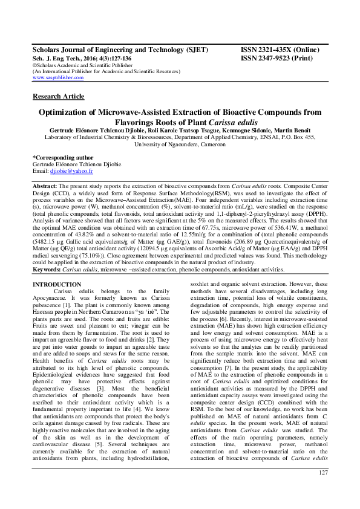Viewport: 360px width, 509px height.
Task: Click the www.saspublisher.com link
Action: (x=58, y=78)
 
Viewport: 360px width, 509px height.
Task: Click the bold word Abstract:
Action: (x=45, y=186)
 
